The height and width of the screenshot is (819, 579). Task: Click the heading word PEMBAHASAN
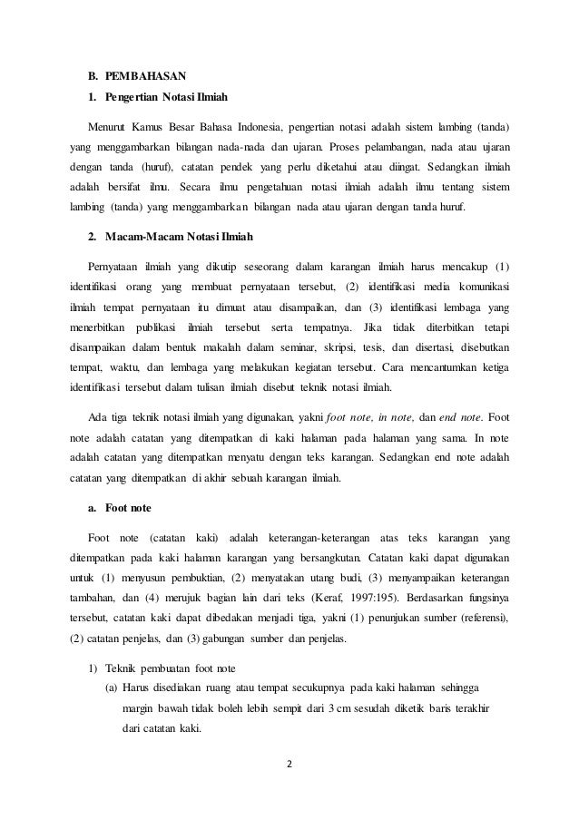(145, 74)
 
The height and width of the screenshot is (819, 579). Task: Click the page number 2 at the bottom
(290, 762)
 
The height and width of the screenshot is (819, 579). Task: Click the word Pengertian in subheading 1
(134, 96)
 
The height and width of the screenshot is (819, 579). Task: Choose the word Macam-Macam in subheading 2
(140, 237)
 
